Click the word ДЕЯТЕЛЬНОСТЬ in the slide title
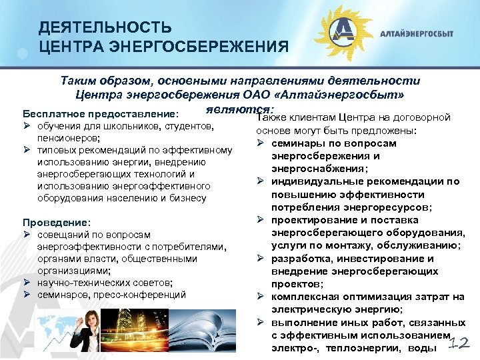point(105,28)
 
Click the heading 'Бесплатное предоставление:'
point(100,113)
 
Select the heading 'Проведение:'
point(57,222)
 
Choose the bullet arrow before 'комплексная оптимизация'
point(263,297)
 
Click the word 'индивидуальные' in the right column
point(310,181)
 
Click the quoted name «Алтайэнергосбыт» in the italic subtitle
point(347,93)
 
